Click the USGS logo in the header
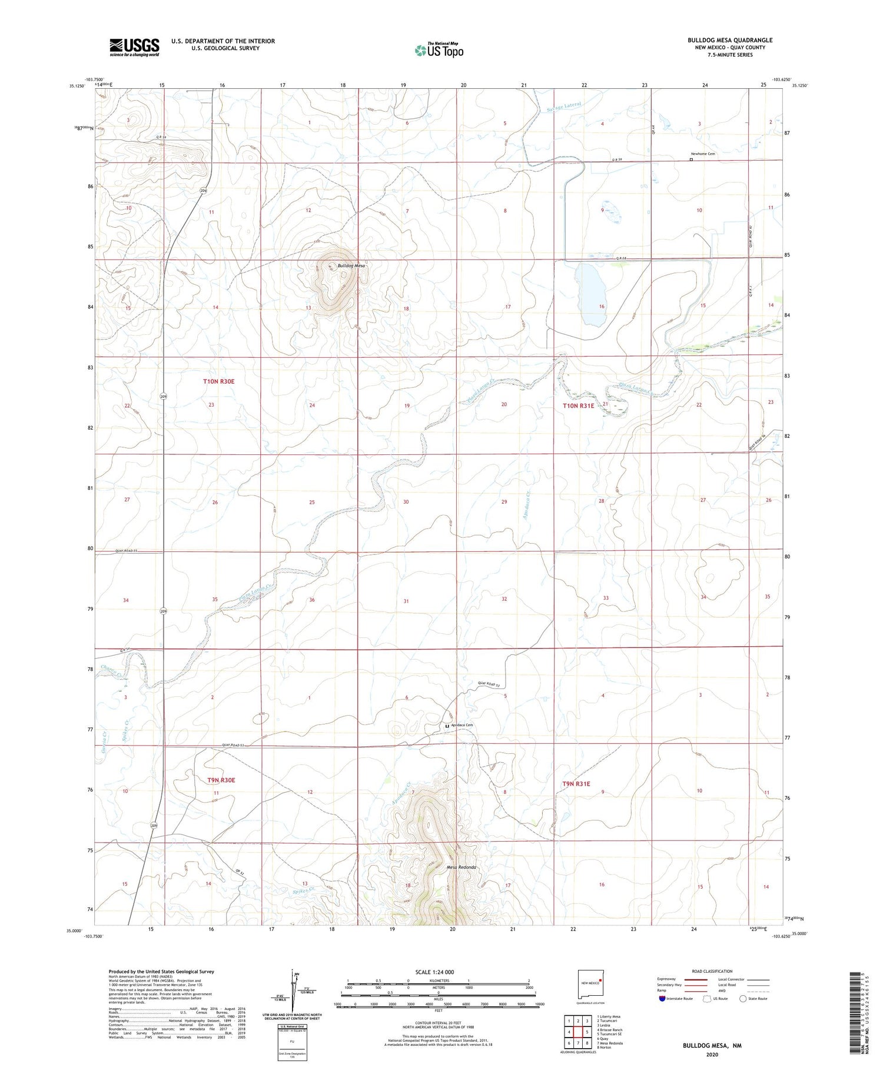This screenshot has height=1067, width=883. (134, 46)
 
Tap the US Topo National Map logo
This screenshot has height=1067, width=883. (439, 50)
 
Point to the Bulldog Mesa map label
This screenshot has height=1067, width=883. (351, 265)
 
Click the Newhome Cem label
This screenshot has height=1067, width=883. (702, 154)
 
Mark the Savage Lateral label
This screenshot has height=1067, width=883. (563, 107)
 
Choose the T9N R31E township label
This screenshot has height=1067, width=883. (576, 783)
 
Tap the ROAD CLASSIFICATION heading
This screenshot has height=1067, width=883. (712, 971)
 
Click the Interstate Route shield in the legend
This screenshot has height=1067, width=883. (662, 999)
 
